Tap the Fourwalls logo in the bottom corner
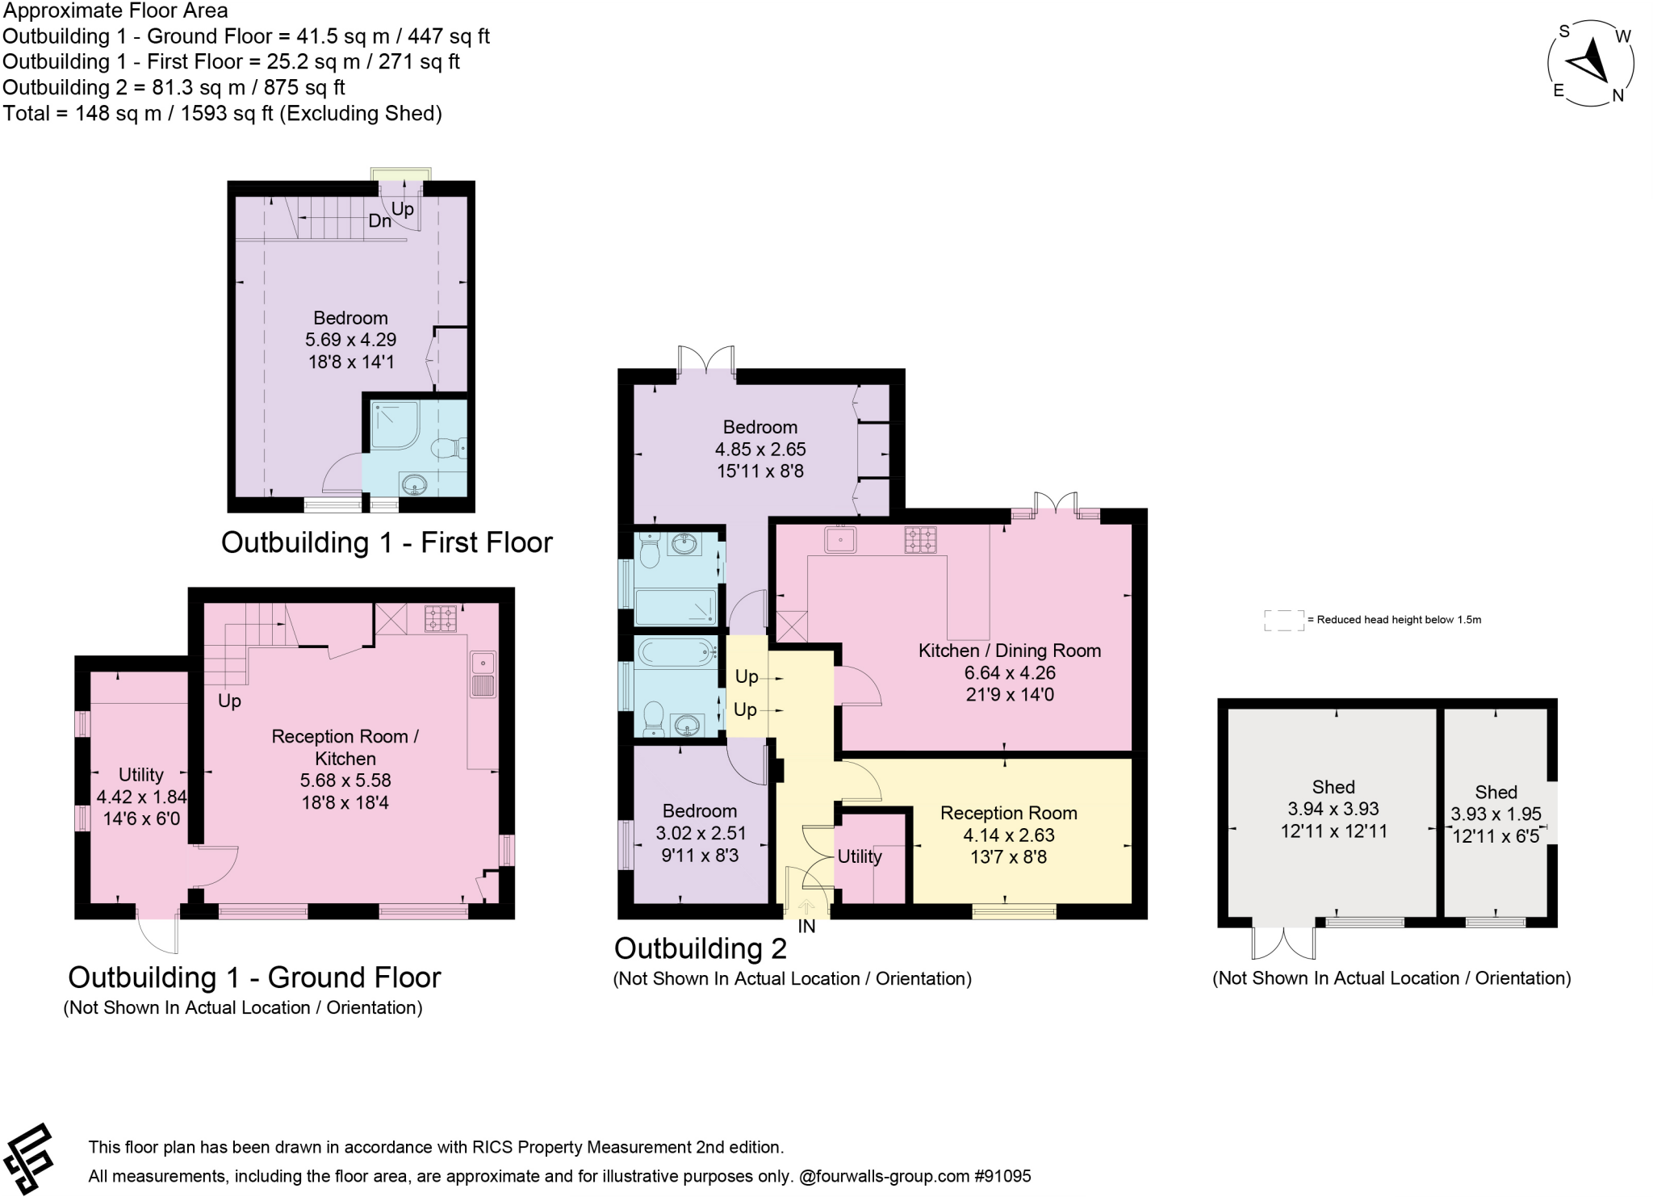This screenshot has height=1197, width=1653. (x=29, y=1159)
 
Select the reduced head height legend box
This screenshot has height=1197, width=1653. (x=1284, y=620)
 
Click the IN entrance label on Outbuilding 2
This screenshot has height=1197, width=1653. (x=806, y=927)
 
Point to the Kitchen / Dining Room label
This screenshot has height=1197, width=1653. (x=1010, y=651)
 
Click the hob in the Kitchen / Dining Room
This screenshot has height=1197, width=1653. (x=920, y=539)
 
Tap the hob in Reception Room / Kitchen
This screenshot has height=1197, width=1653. (x=440, y=618)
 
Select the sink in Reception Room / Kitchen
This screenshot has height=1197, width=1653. (x=484, y=674)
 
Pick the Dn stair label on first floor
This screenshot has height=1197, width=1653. (x=380, y=220)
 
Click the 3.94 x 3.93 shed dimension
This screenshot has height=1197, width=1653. (x=1333, y=809)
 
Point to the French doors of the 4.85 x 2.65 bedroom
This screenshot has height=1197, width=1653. (x=706, y=360)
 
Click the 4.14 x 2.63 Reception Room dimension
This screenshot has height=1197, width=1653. (x=1009, y=835)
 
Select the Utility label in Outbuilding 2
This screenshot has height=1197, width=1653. (x=860, y=856)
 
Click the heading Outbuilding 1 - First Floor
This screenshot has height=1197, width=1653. (x=387, y=542)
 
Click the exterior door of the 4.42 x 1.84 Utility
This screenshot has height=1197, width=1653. (x=157, y=931)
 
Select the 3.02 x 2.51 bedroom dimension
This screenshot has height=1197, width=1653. (x=700, y=833)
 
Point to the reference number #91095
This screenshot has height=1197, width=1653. (x=1003, y=1176)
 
